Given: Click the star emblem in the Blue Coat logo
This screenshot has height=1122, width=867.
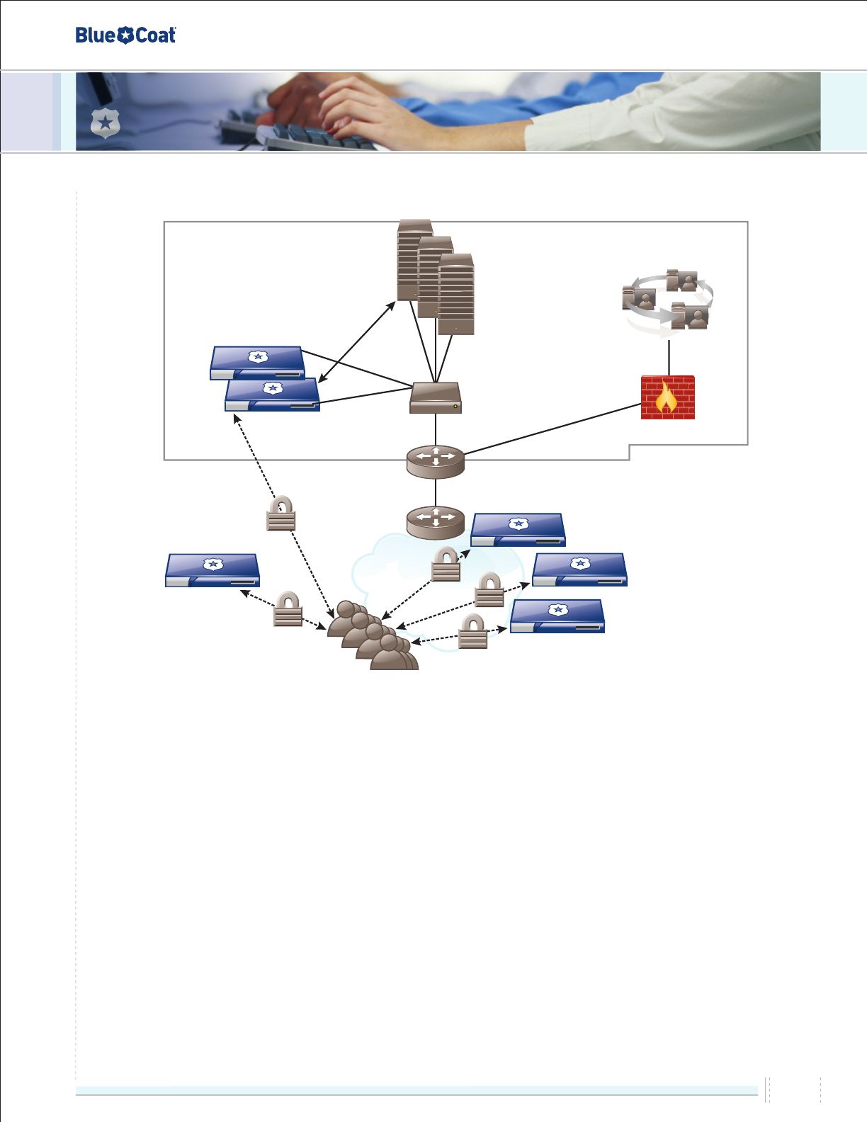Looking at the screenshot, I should click(x=125, y=35).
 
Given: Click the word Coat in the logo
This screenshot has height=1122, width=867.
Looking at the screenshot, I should click(x=155, y=35).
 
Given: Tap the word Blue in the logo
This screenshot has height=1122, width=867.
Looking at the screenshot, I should click(x=95, y=35).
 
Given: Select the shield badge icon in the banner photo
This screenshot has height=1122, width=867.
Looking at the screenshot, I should click(x=106, y=124).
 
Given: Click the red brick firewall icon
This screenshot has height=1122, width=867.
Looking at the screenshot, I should click(x=667, y=397).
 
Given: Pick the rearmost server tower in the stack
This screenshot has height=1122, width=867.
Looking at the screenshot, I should click(x=414, y=259).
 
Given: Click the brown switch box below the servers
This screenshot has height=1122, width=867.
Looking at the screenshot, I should click(x=436, y=398).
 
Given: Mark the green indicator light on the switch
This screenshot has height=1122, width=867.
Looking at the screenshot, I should click(x=455, y=407).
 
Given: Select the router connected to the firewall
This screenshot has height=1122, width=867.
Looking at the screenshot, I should click(x=436, y=461).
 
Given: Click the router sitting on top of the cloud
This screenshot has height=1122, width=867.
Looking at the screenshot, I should click(x=436, y=521).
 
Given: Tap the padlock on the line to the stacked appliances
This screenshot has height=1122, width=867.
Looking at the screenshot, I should click(x=281, y=514).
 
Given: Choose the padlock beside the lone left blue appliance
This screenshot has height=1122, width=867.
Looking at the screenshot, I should click(x=288, y=610).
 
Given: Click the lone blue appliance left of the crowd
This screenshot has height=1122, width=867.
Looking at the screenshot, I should click(x=212, y=570).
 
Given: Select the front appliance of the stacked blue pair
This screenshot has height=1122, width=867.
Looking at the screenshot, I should click(x=272, y=395).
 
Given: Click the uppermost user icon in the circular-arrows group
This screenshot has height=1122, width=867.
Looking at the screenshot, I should click(x=682, y=280).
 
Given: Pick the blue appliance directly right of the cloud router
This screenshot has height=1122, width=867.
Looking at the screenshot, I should click(x=518, y=530).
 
